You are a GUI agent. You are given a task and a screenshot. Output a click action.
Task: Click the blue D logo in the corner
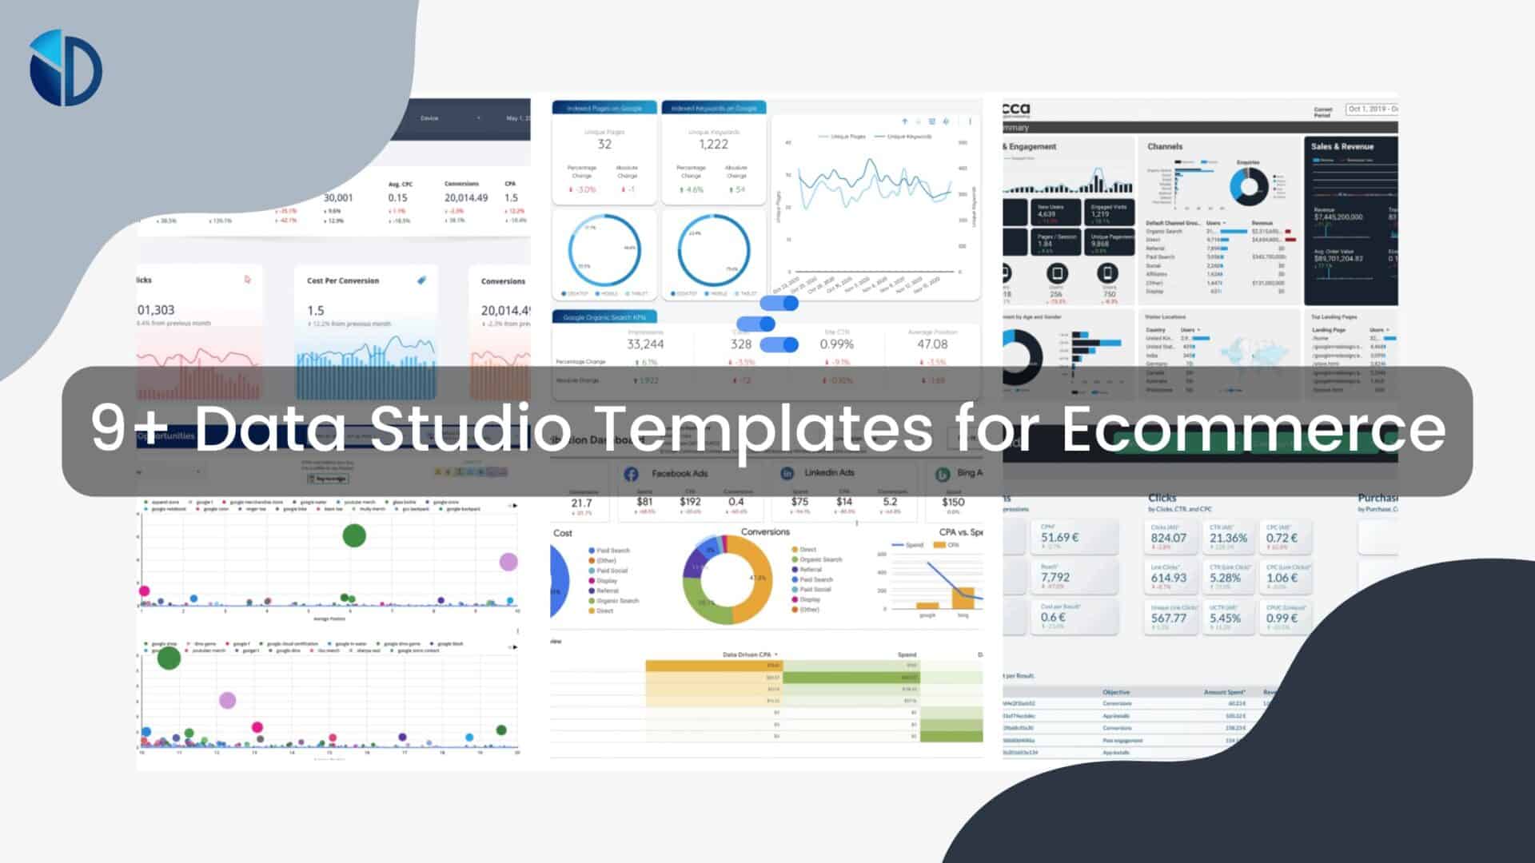tap(66, 68)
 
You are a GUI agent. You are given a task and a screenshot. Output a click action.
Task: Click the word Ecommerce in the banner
tap(1253, 429)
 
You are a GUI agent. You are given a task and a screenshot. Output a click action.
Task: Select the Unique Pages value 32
tap(604, 145)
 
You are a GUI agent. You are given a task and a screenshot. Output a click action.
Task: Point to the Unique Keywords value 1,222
tap(713, 145)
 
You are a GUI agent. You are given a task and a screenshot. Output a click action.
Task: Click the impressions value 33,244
tap(645, 344)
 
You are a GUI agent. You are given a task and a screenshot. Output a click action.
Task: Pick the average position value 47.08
tap(932, 344)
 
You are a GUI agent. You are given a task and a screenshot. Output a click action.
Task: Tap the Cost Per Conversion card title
tap(343, 281)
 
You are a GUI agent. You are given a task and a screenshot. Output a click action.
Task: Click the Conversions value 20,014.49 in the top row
tap(466, 197)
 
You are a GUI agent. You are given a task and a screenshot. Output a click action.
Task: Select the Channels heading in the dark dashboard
tap(1165, 147)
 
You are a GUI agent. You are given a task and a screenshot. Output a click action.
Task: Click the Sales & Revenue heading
tap(1342, 147)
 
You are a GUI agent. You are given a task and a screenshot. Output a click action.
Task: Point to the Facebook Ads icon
tap(631, 474)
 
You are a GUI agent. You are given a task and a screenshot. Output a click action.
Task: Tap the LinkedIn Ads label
tap(829, 473)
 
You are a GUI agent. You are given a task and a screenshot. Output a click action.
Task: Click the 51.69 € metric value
tap(1059, 538)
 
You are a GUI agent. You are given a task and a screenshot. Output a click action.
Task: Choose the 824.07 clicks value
tap(1168, 539)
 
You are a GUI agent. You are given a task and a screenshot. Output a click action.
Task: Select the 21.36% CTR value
tap(1228, 539)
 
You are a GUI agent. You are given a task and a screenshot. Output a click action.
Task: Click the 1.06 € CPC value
tap(1282, 578)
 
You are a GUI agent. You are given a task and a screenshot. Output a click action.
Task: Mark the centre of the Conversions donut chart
tap(728, 579)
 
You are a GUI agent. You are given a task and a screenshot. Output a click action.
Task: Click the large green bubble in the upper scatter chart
tap(354, 535)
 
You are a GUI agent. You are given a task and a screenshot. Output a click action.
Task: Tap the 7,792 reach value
tap(1055, 577)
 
